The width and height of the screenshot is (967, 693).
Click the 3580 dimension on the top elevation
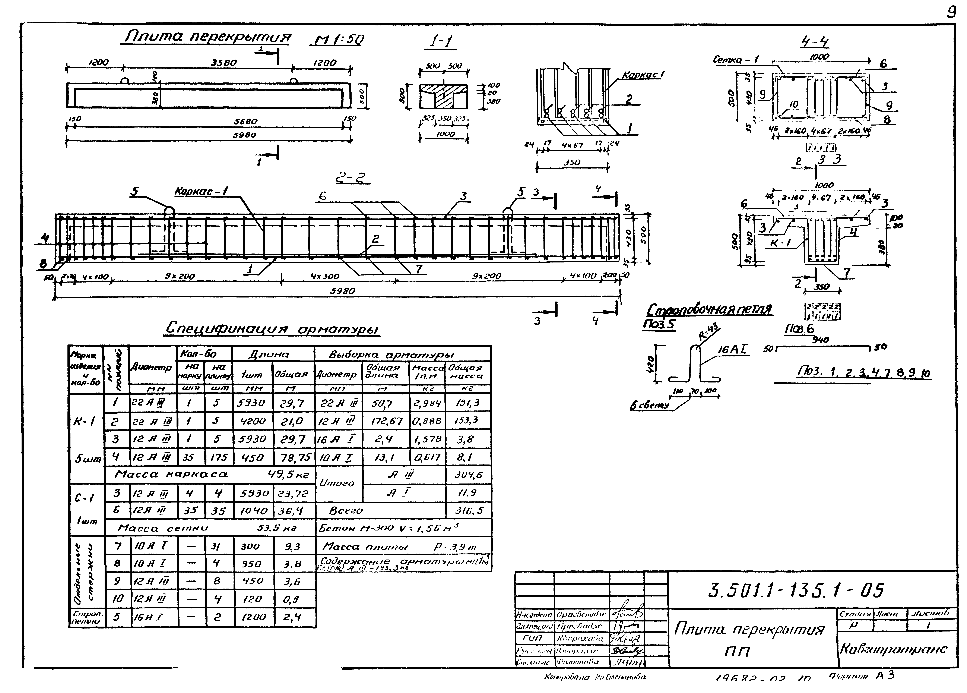tap(224, 63)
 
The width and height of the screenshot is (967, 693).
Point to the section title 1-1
tap(442, 41)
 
